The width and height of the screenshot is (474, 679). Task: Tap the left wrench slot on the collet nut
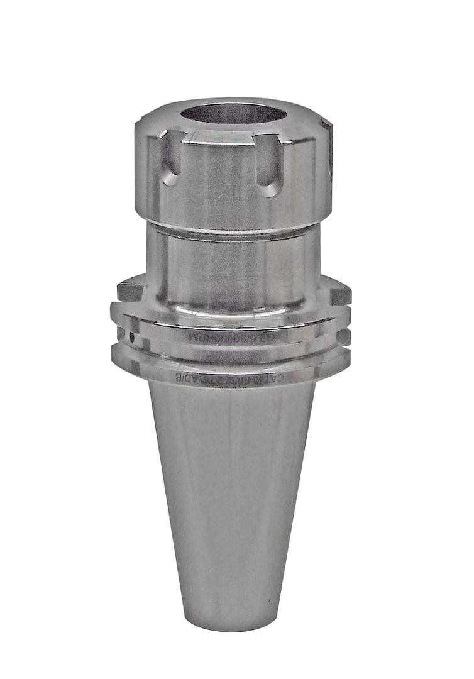(x=169, y=163)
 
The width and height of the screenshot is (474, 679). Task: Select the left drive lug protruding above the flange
(x=130, y=290)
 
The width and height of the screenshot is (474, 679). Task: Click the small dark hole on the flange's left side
(x=132, y=337)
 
